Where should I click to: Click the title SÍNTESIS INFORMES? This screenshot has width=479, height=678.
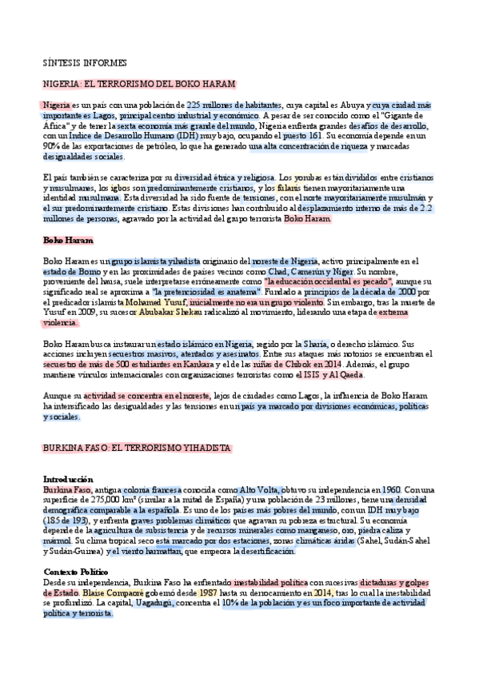pos(84,62)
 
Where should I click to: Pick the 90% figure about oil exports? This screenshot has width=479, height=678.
pos(51,146)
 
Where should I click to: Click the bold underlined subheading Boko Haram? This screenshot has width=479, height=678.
pos(68,239)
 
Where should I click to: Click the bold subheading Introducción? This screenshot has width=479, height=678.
pos(68,479)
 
